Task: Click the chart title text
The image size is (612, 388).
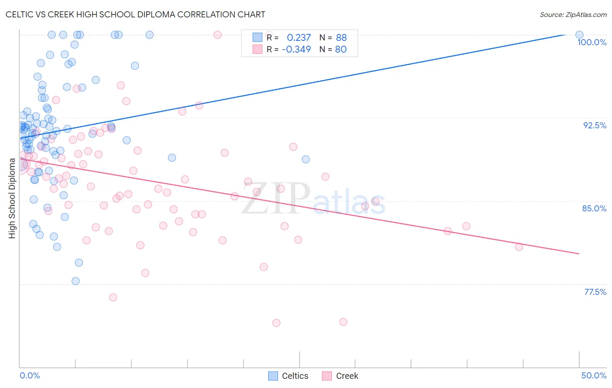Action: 135,14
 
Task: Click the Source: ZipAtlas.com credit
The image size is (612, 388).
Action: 573,14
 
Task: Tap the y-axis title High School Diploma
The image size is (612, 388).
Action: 12,198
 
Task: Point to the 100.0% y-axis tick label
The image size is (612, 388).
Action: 592,42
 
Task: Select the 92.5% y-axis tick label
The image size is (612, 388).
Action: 595,125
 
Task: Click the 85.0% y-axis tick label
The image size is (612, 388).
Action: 594,208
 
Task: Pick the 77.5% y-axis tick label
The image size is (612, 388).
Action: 595,292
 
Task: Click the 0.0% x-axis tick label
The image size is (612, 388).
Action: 30,375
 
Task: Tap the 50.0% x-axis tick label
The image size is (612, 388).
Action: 594,375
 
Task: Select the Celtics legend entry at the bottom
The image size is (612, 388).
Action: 288,376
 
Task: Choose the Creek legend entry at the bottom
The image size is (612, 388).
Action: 340,376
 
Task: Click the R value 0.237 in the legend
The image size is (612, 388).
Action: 299,37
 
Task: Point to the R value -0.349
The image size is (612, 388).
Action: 296,49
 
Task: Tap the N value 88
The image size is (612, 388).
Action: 341,37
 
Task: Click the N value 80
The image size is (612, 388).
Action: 341,49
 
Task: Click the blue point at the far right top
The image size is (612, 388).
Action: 579,35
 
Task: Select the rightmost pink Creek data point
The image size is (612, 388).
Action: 519,247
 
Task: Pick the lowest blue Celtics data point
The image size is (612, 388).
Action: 76,281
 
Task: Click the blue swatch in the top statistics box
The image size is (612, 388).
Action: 258,37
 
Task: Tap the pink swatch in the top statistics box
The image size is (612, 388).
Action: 258,49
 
